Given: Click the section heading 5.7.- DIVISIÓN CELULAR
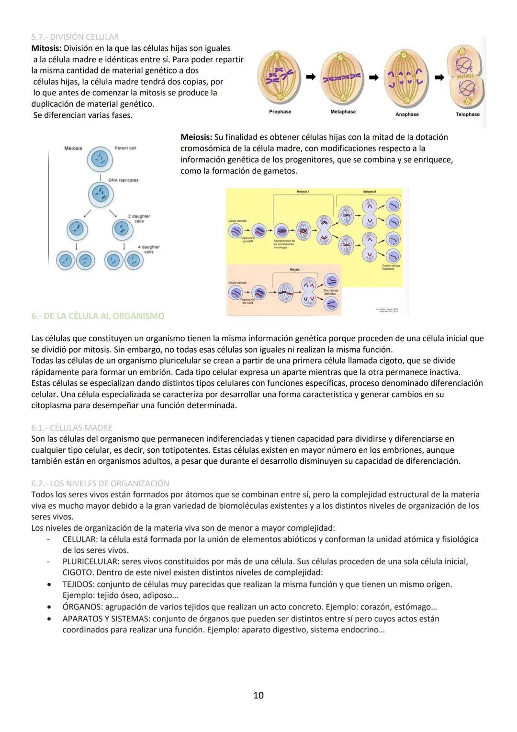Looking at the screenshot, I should [x=75, y=37].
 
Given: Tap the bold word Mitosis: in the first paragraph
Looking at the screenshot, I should [x=46, y=48].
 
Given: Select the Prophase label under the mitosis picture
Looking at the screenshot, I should [x=280, y=112].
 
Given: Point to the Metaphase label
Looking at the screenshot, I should [x=343, y=112].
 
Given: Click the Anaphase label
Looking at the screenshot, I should [x=407, y=114].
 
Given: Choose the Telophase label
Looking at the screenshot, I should [x=467, y=114].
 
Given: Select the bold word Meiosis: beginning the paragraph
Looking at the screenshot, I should [x=196, y=137].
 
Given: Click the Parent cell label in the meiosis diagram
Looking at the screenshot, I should [x=125, y=148].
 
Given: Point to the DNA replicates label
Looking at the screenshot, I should [x=123, y=180].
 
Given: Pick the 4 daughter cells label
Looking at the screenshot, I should [x=149, y=249].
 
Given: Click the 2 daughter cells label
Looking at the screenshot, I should [x=139, y=218].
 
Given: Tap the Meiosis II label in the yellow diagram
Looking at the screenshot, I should [x=369, y=192].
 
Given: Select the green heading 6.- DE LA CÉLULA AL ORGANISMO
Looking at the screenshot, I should [x=98, y=316].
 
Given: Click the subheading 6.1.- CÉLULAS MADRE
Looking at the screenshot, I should [x=72, y=428].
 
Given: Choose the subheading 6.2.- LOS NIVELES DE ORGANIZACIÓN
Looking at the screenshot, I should [x=100, y=483].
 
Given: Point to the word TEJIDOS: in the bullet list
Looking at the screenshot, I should [x=79, y=584].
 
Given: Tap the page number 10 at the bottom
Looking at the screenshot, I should [x=258, y=695].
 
